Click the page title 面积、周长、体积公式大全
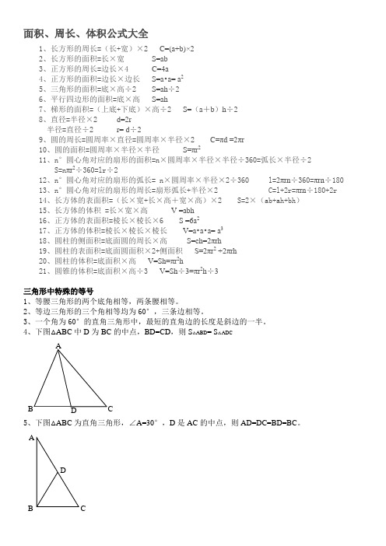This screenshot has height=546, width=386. click(86, 34)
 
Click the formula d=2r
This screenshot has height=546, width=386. click(123, 120)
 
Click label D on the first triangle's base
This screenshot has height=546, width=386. click(73, 409)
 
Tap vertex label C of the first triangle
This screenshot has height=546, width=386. click(111, 407)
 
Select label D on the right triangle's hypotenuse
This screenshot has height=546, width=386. click(62, 471)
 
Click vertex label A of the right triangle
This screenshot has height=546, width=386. click(30, 439)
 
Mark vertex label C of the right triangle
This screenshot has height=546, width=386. click(83, 508)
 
